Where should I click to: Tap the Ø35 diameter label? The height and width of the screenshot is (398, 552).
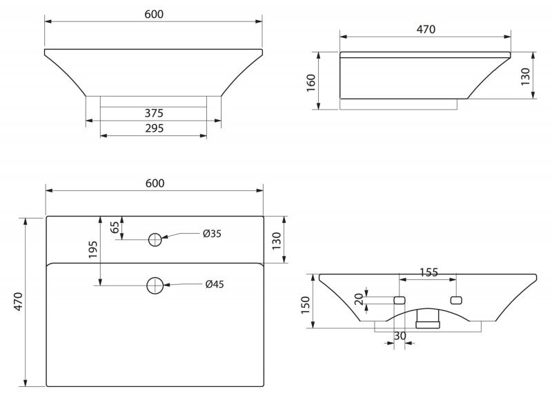point(212,234)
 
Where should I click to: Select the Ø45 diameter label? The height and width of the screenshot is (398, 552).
point(215,284)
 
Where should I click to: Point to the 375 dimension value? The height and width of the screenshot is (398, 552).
point(154,113)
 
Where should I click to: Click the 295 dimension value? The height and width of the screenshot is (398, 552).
point(154,128)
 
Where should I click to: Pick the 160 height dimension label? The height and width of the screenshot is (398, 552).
point(311,83)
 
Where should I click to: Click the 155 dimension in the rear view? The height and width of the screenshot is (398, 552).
point(428,272)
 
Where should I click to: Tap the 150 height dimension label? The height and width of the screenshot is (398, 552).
point(305,305)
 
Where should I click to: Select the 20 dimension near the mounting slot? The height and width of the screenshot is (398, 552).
point(359,299)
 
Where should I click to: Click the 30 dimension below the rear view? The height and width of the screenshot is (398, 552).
point(400,336)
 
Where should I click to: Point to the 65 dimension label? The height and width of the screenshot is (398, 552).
point(115,228)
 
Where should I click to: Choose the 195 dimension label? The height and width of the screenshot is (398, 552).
point(93,250)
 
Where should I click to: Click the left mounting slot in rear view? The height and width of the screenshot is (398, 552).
point(400,300)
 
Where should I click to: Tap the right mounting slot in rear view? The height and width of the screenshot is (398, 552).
point(456,300)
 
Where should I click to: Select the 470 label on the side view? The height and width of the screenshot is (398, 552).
point(426,30)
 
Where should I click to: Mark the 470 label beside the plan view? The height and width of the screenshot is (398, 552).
point(18,301)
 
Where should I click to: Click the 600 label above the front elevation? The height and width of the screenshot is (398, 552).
point(154,14)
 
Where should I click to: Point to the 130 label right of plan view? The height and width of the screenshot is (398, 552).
point(277,241)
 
